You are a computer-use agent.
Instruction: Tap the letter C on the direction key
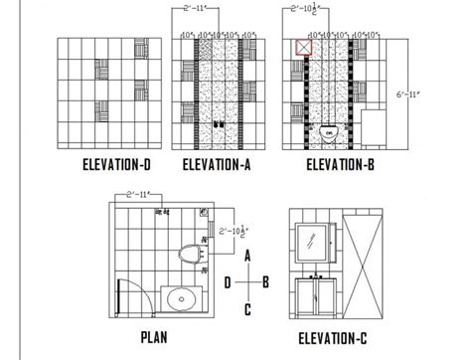click(247, 309)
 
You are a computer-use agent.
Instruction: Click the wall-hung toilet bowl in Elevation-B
click(330, 130)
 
